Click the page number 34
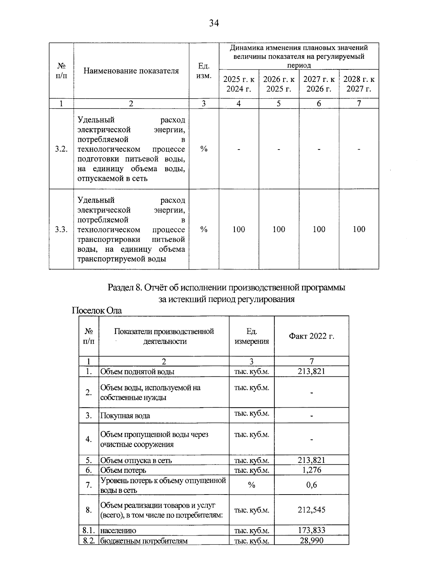tap(213, 23)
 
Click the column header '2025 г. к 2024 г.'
tap(239, 84)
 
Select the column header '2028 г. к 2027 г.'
tap(359, 84)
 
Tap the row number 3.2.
tap(61, 149)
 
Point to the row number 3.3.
tap(61, 230)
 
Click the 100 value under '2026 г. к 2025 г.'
tap(279, 230)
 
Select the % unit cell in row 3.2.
tap(204, 149)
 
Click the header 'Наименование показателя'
tap(131, 70)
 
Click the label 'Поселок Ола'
tap(97, 311)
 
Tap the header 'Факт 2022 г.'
tap(311, 336)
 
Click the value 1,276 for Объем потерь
tap(311, 470)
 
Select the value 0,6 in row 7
tap(311, 485)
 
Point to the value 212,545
tap(311, 510)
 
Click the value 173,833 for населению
tap(311, 530)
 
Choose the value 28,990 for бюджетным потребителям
tap(311, 541)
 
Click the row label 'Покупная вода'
tap(125, 416)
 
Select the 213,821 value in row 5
tap(311, 460)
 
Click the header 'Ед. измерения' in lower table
tap(252, 336)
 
